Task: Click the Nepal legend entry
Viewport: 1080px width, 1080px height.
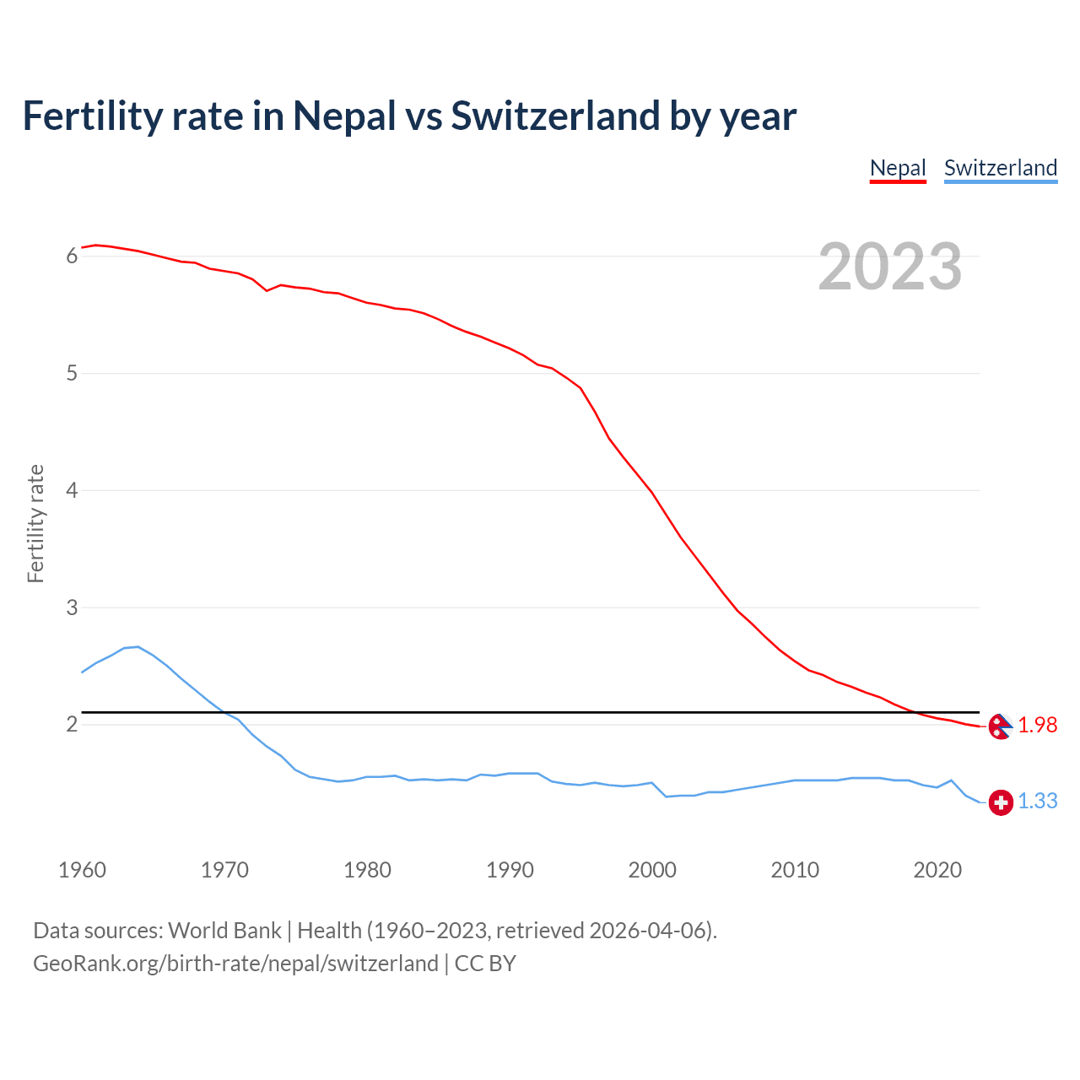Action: click(898, 168)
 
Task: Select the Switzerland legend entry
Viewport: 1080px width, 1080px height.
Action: click(1000, 168)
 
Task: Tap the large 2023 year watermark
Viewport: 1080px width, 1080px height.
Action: click(890, 267)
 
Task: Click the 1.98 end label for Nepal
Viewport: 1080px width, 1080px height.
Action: click(1037, 726)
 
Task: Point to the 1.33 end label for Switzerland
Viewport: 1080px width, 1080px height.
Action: click(1037, 802)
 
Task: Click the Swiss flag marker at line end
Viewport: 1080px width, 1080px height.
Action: click(1001, 802)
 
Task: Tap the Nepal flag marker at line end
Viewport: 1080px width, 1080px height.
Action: click(1000, 726)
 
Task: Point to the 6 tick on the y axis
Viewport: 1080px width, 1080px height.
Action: click(72, 256)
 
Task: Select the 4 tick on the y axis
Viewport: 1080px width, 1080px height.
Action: click(72, 490)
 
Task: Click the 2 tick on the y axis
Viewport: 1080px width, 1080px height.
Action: click(72, 725)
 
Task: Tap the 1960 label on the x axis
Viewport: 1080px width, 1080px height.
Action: click(82, 870)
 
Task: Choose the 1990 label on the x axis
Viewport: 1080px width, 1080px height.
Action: click(510, 870)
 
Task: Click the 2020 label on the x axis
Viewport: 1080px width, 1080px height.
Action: click(937, 870)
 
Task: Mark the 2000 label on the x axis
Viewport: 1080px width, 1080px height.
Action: click(652, 870)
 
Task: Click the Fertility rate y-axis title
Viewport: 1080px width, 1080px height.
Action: click(35, 523)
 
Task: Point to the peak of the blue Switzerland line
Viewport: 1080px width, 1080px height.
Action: click(138, 647)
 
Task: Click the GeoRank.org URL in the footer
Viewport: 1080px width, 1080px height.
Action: click(235, 964)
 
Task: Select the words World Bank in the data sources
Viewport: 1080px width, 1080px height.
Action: click(224, 931)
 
